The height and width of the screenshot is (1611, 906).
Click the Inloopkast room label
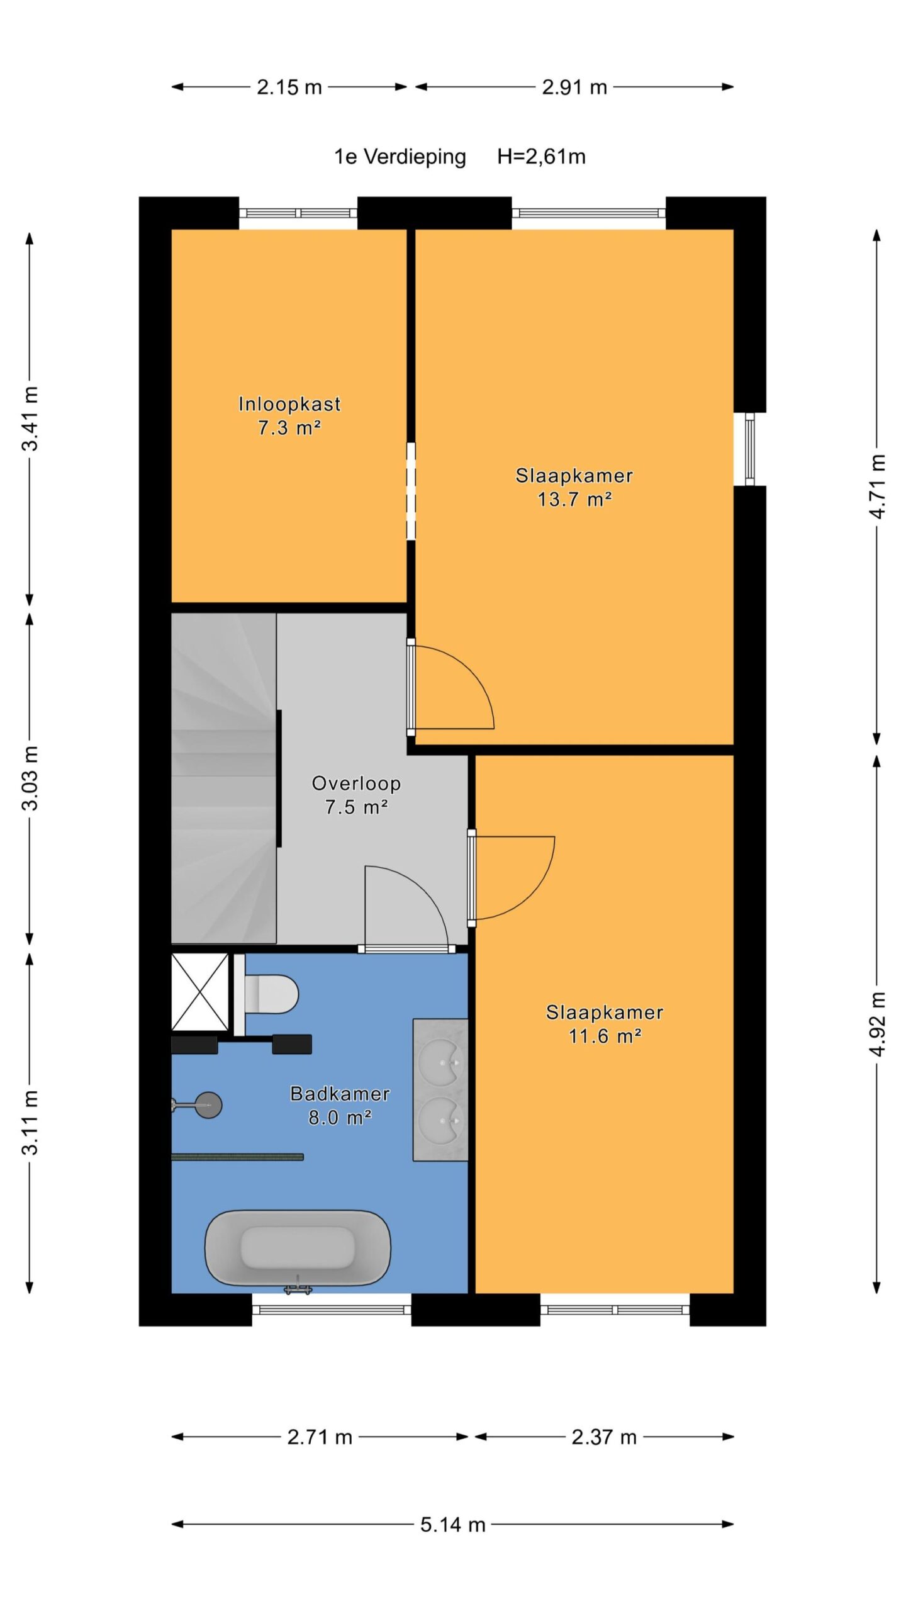289,403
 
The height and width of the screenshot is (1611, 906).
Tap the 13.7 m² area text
574,499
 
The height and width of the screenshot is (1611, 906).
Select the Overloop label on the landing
356,783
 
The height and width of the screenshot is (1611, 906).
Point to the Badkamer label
340,1094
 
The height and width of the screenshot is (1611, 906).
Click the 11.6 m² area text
605,1036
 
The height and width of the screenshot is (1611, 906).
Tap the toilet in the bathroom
271,994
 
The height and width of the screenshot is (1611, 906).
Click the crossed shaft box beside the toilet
200,992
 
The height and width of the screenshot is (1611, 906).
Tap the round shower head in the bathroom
208,1105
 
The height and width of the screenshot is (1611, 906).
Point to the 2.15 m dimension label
289,87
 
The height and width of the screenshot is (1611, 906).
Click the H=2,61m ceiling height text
541,156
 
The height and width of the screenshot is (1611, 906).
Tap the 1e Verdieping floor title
400,157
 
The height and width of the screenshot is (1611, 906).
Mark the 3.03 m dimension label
31,778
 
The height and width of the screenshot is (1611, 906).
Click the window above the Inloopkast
298,213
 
